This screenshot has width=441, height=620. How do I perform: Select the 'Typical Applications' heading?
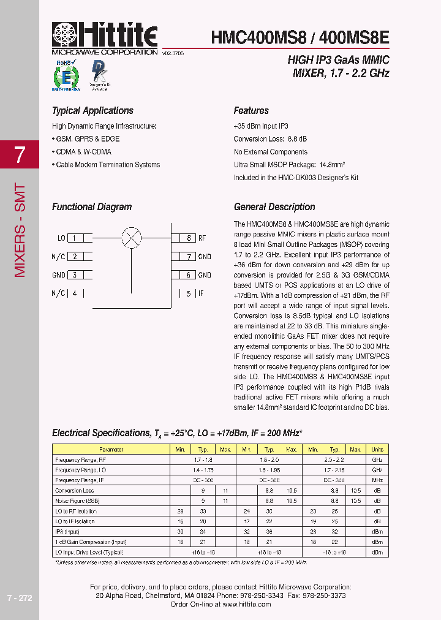pos(92,111)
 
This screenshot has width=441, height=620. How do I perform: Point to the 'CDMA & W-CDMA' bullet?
pos(82,152)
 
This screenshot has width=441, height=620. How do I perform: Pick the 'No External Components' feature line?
pos(270,152)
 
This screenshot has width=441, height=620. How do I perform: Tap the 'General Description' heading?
pos(274,207)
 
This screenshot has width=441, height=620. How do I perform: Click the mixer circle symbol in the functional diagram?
pos(132,238)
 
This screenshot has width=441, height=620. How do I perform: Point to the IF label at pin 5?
pos(201,293)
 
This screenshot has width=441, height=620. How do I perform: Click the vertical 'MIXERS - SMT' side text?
pos(20,230)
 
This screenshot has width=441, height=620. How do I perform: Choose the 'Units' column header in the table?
pos(377,449)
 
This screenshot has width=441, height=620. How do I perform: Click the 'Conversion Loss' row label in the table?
pos(75,491)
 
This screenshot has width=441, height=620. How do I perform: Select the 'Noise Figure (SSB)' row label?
pos(77,501)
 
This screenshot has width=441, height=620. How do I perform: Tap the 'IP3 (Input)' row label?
pos(67,532)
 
